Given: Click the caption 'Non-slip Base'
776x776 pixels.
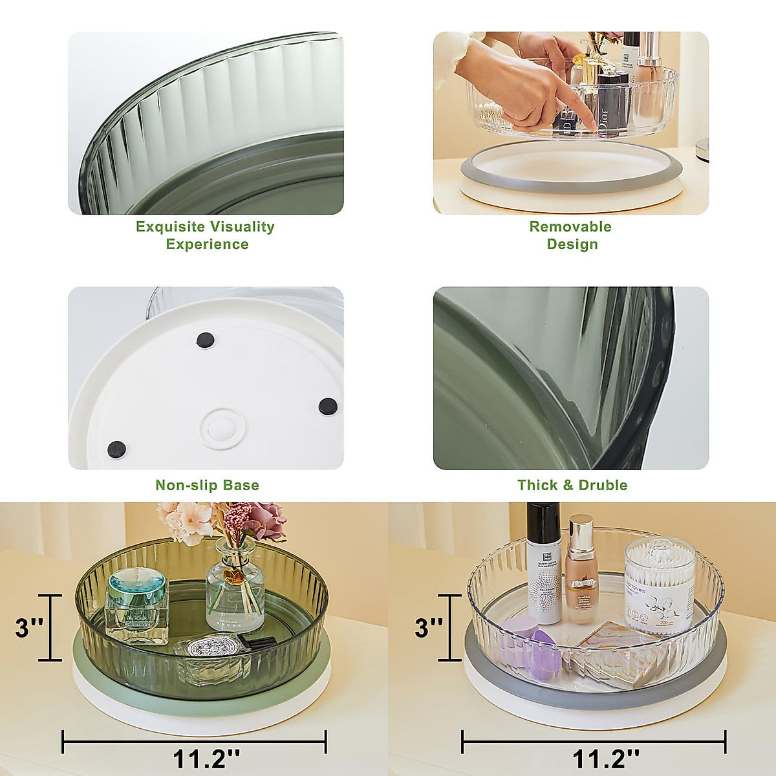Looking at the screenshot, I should click(x=207, y=485).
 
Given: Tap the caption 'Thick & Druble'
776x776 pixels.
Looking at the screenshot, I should click(x=572, y=485).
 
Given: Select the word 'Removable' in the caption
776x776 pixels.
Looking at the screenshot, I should click(x=570, y=226).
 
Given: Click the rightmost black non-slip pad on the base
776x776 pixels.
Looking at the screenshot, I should click(x=328, y=405).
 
